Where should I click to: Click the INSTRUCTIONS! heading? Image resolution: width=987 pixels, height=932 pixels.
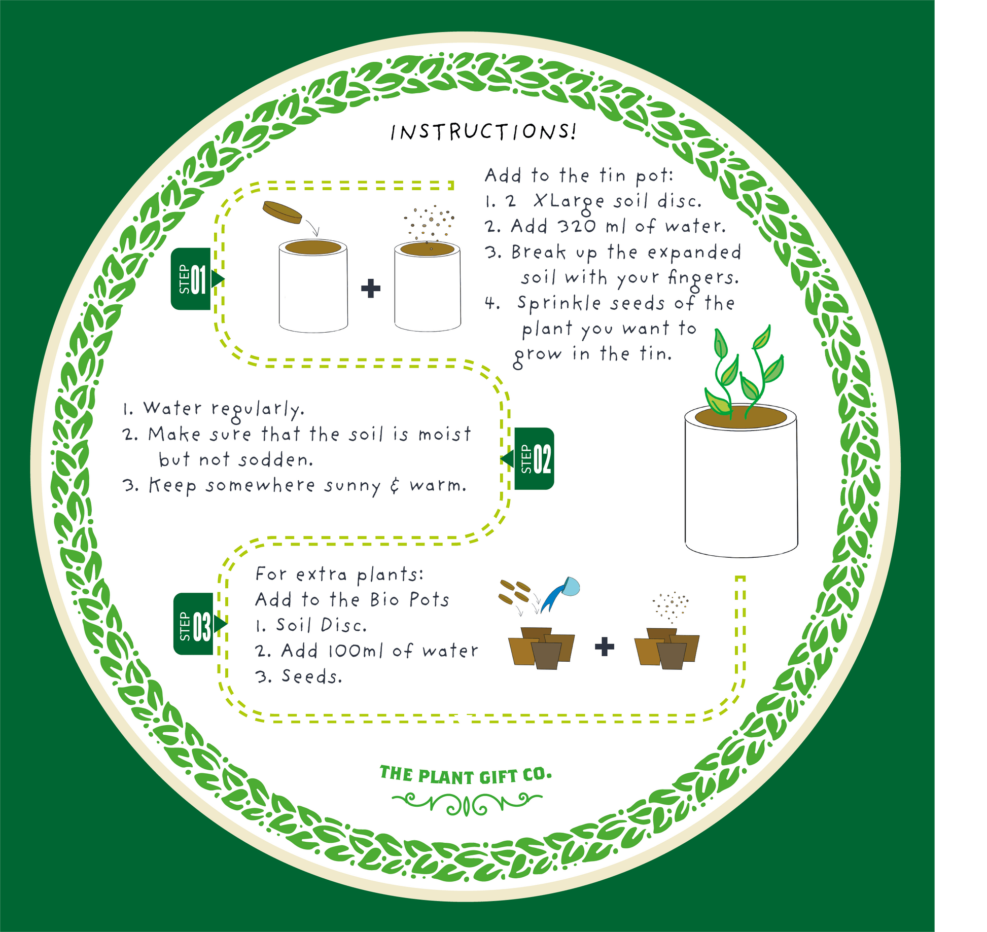coord(483,132)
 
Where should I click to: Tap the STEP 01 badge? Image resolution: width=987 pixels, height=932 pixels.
coord(192,279)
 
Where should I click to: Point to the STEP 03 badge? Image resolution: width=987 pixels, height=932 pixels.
coord(194,624)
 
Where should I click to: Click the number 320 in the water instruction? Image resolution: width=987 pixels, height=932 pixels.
coord(577,226)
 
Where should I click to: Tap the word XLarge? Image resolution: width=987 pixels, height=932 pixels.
coord(569,202)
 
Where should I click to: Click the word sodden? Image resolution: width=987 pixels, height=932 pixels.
coord(276,460)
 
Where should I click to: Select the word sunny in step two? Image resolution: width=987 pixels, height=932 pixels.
coord(352,486)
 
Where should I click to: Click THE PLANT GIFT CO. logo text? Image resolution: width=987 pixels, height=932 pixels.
coord(466,775)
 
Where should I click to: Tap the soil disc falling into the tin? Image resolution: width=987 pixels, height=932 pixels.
coord(282,211)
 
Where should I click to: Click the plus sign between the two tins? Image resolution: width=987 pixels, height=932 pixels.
coord(371,288)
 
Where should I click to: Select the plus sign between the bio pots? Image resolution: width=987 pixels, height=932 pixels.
coord(604,647)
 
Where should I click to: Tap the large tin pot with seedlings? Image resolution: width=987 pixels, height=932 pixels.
coord(741,482)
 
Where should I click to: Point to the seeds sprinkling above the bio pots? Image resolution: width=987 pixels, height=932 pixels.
coord(671,606)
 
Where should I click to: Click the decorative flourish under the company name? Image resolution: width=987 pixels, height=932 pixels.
coord(467,804)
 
